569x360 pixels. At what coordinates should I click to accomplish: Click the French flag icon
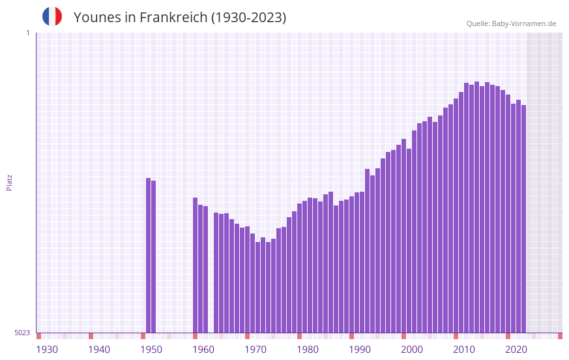click(x=52, y=16)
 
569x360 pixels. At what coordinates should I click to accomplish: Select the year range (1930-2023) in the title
click(x=248, y=18)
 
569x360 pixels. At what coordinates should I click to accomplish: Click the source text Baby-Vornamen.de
click(x=523, y=23)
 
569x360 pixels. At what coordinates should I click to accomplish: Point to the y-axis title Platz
click(x=9, y=182)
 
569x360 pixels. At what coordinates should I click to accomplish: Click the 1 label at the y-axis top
click(x=27, y=33)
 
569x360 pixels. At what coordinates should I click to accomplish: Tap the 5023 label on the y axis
click(x=22, y=333)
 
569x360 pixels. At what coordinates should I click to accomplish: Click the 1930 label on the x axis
click(x=47, y=350)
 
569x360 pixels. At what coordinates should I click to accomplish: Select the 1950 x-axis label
click(x=151, y=350)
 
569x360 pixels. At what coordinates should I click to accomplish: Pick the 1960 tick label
click(x=203, y=350)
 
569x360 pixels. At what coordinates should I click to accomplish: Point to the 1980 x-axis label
click(x=308, y=350)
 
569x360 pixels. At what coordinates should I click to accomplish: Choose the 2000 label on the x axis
click(x=412, y=350)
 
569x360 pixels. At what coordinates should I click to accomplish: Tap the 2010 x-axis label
click(x=464, y=350)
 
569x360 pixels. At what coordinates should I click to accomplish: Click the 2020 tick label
click(x=516, y=350)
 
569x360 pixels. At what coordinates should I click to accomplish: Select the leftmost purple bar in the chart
click(x=149, y=256)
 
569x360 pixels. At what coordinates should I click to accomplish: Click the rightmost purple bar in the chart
click(x=523, y=218)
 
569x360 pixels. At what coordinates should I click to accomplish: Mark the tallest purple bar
click(x=476, y=207)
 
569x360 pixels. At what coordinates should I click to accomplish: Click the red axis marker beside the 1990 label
click(x=351, y=336)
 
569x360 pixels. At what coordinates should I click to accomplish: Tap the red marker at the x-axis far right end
click(x=560, y=336)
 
